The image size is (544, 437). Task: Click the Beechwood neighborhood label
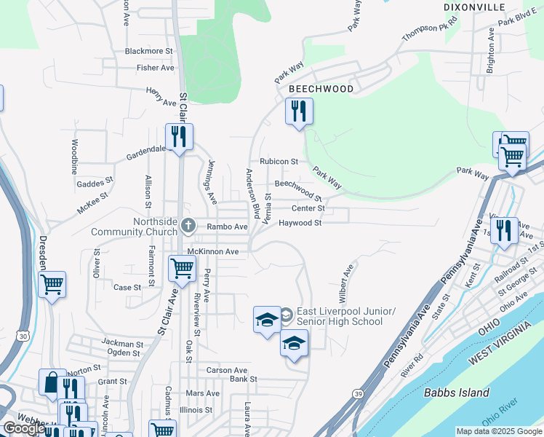[x=321, y=89]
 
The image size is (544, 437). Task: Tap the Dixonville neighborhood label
[x=474, y=7]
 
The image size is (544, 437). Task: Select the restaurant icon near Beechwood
[x=300, y=111]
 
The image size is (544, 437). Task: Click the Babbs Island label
[x=457, y=393]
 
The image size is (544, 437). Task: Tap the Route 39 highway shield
[x=359, y=394]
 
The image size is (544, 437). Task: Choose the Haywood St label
[x=300, y=224]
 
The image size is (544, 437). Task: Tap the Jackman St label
[x=123, y=343]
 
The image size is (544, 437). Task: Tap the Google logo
[x=23, y=428]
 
